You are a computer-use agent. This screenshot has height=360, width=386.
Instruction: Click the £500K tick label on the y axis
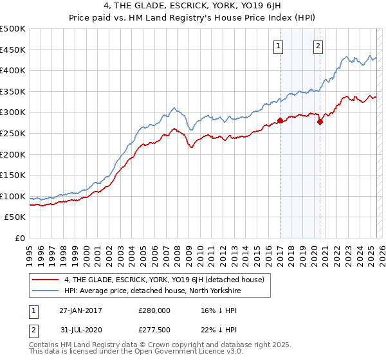(13, 29)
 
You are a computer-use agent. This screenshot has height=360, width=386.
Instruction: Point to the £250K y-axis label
(13, 133)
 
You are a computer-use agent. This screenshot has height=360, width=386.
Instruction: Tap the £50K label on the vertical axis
(15, 217)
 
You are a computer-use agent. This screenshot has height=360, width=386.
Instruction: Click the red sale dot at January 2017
(280, 120)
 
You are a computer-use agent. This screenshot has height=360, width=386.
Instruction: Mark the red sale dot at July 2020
(320, 122)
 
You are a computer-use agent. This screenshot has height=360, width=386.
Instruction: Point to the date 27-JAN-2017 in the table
(80, 310)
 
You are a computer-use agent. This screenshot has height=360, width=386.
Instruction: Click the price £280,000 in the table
(154, 310)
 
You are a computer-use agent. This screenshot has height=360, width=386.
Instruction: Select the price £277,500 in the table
(154, 330)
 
